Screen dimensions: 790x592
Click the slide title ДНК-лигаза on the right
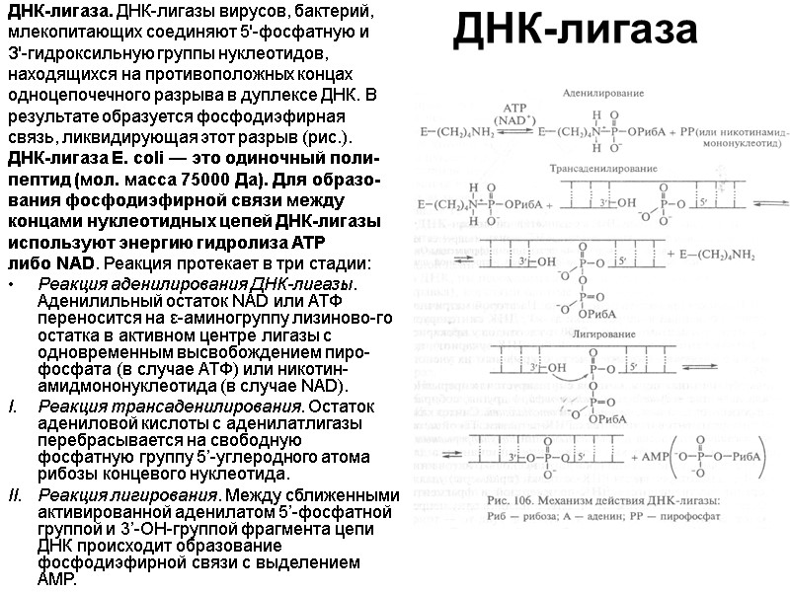tap(575, 33)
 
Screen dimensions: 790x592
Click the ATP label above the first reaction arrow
tap(516, 106)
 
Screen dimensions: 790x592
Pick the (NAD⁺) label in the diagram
tap(516, 117)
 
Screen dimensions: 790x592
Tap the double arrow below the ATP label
tap(516, 131)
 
